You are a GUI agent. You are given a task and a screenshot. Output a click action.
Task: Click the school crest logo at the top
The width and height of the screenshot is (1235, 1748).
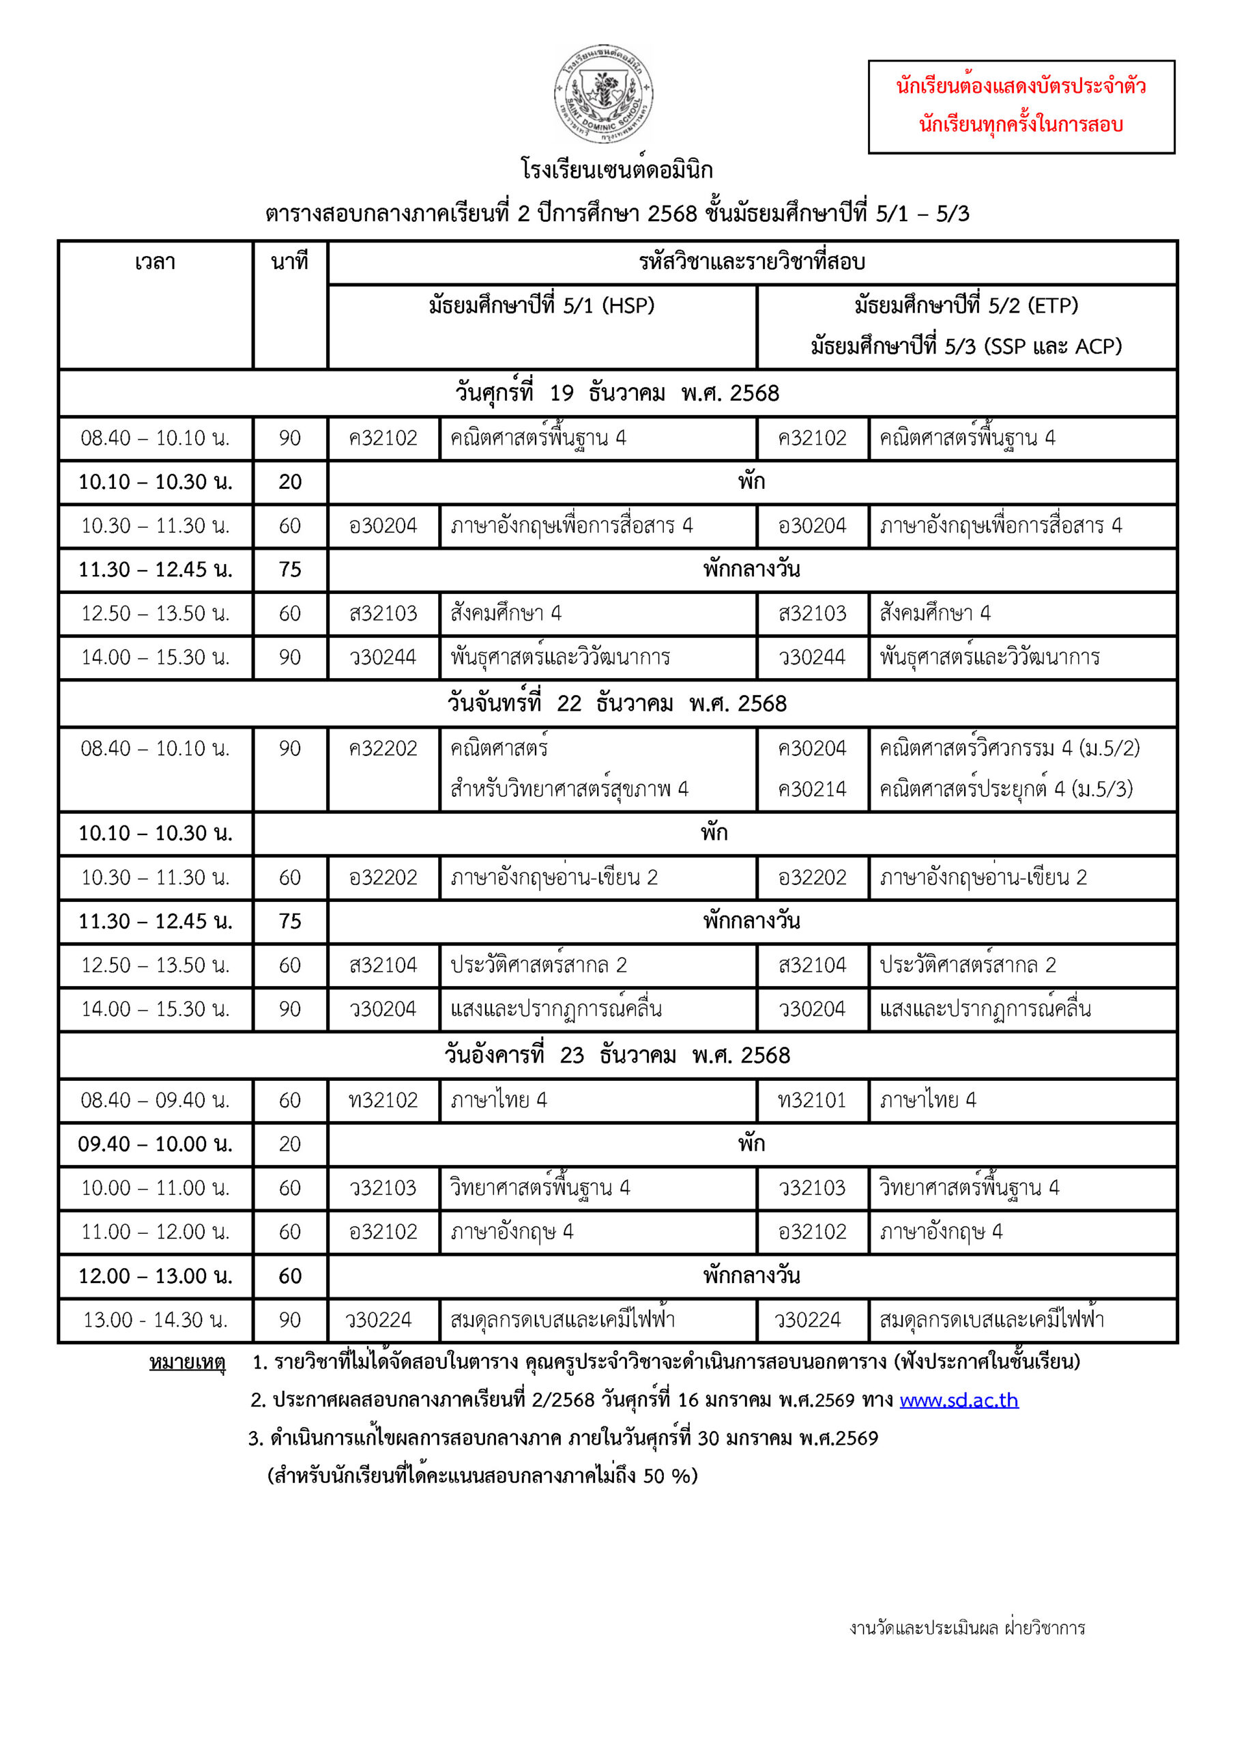pos(602,94)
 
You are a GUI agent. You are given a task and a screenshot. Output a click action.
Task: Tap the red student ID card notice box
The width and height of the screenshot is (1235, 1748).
pos(1021,107)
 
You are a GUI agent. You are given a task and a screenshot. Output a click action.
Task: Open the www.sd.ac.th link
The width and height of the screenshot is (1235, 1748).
pos(958,1399)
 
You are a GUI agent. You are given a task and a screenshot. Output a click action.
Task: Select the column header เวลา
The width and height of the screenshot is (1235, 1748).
pos(156,263)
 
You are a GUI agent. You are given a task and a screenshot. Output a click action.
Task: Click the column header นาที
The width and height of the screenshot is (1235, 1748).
pos(290,263)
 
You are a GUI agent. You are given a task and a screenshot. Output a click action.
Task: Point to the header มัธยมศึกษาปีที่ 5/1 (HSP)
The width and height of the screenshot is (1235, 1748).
pos(541,306)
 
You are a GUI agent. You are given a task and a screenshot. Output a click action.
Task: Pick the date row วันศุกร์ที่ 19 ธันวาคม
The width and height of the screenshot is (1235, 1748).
pos(616,393)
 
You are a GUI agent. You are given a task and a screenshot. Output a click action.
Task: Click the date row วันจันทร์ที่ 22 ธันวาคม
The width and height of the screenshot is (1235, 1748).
pos(616,703)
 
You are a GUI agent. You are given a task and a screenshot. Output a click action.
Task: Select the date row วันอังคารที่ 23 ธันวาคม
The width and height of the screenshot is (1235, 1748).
pos(616,1054)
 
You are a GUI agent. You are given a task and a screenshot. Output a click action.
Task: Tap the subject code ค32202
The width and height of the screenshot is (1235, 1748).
pos(383,748)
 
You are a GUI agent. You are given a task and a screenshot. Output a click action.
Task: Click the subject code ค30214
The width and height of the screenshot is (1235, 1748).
pos(811,789)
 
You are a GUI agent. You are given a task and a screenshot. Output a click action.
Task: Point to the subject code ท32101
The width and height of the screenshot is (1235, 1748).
pos(811,1099)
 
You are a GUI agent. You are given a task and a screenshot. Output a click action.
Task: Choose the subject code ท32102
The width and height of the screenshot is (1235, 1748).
pos(383,1099)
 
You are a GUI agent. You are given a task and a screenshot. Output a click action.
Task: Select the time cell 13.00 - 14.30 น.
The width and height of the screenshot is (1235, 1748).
pos(156,1319)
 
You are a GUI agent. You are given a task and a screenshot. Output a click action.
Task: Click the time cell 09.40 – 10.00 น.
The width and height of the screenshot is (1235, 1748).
pos(156,1144)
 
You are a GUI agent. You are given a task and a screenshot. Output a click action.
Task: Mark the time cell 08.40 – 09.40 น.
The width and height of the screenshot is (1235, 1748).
pos(156,1099)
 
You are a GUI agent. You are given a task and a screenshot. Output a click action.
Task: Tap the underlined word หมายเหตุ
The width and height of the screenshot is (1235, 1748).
pos(187,1362)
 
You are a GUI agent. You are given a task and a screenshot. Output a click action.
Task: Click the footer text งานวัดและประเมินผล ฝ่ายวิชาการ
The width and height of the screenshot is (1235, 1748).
pos(966,1628)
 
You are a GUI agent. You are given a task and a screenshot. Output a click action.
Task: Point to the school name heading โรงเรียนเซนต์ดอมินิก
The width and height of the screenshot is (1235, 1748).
pos(616,169)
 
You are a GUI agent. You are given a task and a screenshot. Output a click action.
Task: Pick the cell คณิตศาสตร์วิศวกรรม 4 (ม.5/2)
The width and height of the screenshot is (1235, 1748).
pos(1009,748)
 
